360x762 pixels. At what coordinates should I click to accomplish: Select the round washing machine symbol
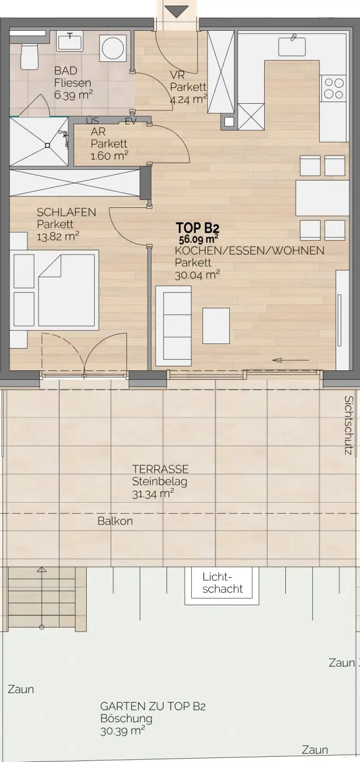click(x=113, y=49)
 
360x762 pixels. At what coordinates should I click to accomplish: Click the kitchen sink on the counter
click(x=292, y=46)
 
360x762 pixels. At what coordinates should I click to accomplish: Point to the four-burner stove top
click(x=334, y=88)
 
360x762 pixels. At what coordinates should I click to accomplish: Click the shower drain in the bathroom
click(x=48, y=145)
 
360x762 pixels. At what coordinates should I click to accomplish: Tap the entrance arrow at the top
click(x=176, y=12)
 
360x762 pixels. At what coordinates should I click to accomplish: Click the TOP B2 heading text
click(x=197, y=228)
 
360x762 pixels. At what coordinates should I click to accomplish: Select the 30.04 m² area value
click(x=197, y=275)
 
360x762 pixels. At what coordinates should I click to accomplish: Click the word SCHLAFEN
click(x=66, y=212)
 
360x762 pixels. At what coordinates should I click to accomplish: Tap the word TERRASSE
click(x=160, y=469)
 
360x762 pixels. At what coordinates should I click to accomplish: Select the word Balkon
click(x=115, y=521)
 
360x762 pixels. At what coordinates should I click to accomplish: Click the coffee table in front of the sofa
click(x=216, y=325)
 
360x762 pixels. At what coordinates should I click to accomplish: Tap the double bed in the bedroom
click(x=55, y=290)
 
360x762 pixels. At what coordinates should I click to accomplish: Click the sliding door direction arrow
click(x=291, y=360)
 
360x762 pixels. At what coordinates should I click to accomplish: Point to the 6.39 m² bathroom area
click(x=74, y=95)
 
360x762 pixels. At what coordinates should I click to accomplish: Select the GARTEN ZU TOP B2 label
click(x=153, y=706)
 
